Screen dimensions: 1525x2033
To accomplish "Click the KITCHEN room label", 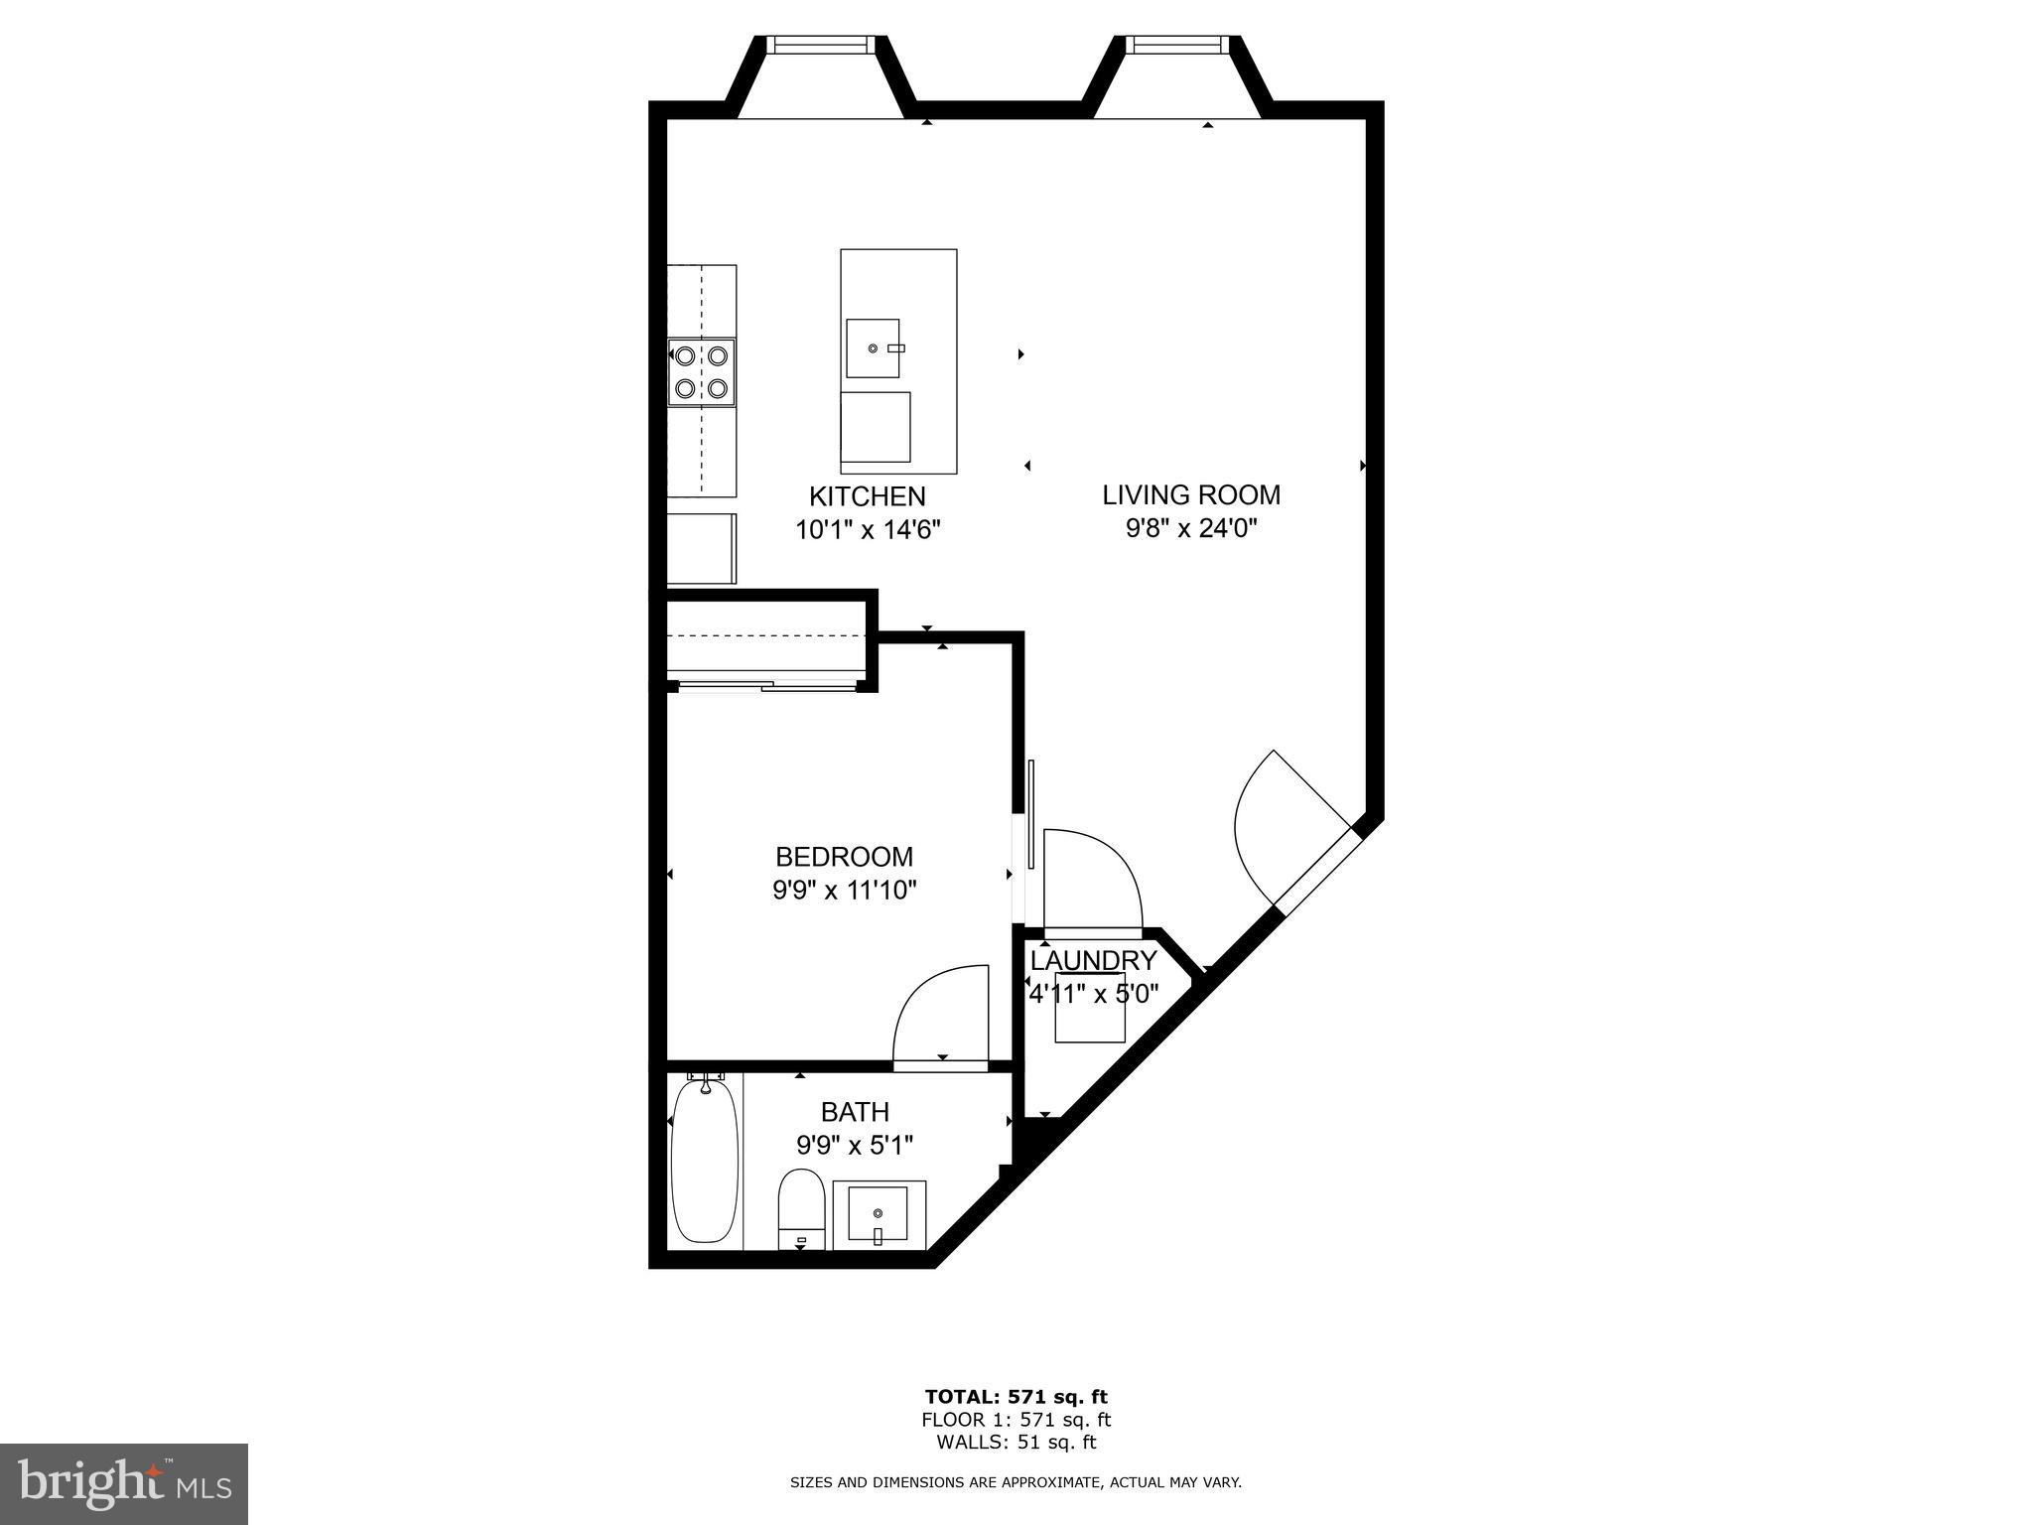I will coord(867,496).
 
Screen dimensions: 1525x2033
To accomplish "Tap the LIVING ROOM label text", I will coord(1191,494).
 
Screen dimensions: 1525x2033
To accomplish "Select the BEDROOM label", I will coord(844,856).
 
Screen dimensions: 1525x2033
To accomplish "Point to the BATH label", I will coord(855,1112).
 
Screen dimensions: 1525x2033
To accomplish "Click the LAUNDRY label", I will coord(1093,961).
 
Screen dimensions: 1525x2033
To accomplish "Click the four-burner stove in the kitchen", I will coord(702,372).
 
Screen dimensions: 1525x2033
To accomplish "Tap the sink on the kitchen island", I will coord(873,348).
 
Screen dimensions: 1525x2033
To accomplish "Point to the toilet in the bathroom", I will coord(801,1208).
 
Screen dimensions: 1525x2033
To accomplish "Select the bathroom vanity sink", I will coord(879,1215).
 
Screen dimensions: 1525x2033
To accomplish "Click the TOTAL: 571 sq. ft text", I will coord(1016,1397).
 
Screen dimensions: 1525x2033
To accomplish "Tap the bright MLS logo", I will coord(124,1484).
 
